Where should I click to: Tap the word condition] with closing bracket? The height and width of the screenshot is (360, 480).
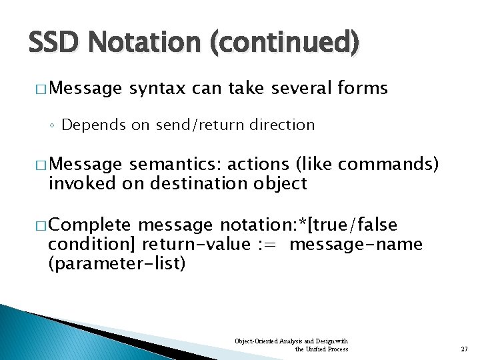tap(93, 245)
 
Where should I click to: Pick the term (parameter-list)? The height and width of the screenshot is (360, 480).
tap(117, 263)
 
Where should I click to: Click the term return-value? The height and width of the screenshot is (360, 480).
tap(195, 245)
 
